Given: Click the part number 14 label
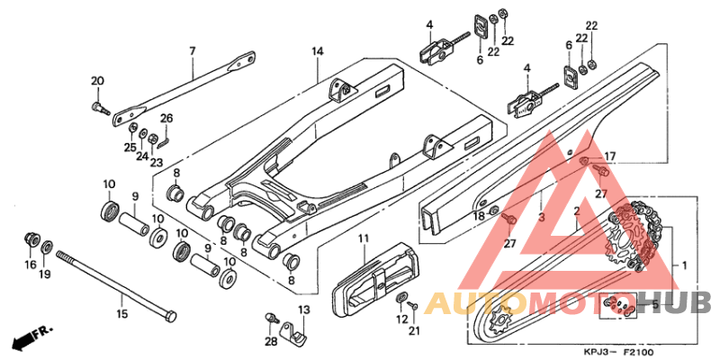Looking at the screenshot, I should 317,51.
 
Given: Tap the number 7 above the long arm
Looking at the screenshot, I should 192,50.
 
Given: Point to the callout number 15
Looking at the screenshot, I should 122,313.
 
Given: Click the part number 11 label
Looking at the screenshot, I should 364,238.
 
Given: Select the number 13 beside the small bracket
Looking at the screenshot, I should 303,310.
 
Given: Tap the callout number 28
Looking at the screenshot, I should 271,342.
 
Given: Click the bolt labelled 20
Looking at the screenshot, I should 98,109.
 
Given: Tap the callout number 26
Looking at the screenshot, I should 166,117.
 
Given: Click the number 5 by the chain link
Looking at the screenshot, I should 655,305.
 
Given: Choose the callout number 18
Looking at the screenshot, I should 480,217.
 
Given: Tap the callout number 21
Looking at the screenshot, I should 413,331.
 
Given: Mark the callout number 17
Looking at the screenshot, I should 609,157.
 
